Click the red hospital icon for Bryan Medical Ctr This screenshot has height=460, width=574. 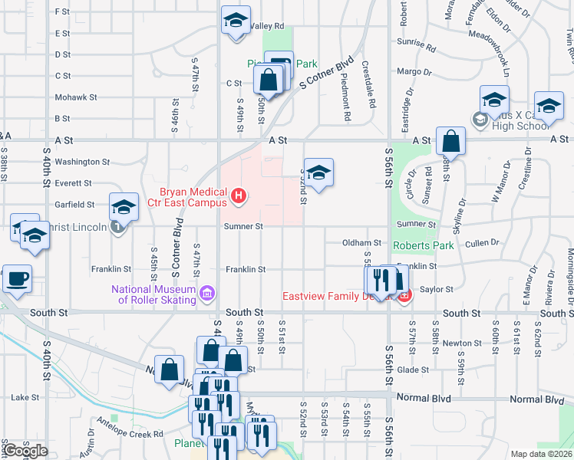(238, 197)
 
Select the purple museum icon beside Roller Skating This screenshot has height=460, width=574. (206, 294)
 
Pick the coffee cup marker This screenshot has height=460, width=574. (17, 279)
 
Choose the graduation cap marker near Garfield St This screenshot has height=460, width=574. (123, 207)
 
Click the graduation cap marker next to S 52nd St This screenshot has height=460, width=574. (318, 172)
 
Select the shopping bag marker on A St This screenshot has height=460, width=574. (450, 142)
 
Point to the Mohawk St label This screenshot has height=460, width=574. (76, 97)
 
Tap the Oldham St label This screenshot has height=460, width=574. (361, 242)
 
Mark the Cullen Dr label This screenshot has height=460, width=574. (482, 242)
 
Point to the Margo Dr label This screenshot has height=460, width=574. (414, 72)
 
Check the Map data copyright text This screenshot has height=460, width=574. (541, 454)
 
